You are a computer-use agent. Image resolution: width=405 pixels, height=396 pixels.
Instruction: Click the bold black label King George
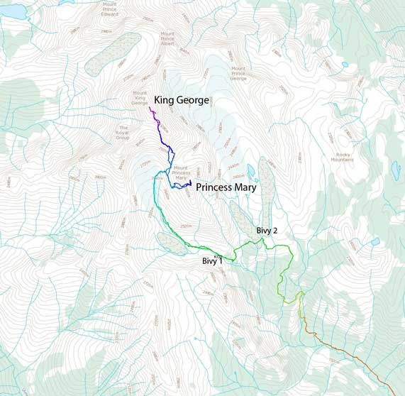tap(182, 100)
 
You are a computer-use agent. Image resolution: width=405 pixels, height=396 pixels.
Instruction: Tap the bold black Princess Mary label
tap(226, 188)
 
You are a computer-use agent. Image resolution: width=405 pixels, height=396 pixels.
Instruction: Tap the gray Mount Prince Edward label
tap(110, 9)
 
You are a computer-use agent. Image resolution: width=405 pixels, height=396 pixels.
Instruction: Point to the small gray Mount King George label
tap(140, 98)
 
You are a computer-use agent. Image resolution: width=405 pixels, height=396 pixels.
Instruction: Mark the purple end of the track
tap(150, 107)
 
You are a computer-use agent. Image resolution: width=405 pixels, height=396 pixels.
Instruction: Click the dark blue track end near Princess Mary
tap(191, 183)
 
